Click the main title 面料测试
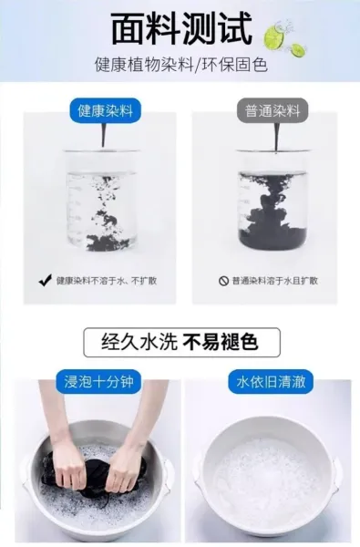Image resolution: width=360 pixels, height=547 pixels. (181, 28)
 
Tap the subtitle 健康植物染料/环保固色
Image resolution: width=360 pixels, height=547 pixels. (181, 65)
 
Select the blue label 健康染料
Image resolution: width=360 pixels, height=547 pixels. (106, 111)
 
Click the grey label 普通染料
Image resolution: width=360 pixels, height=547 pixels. (273, 111)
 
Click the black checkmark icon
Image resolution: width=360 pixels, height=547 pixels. (46, 280)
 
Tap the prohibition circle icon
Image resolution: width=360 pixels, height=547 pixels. (223, 281)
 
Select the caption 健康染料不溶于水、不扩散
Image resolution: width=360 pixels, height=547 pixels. (107, 281)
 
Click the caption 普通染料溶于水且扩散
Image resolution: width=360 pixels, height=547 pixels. (275, 281)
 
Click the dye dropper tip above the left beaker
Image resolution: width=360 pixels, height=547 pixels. (104, 146)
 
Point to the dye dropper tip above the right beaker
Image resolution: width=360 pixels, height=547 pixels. (276, 150)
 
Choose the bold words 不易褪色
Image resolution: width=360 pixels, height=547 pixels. (221, 342)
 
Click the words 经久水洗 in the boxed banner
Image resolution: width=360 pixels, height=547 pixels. (139, 342)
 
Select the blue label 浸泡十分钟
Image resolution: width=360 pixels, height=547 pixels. (99, 382)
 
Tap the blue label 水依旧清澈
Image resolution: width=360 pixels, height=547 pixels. (271, 382)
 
